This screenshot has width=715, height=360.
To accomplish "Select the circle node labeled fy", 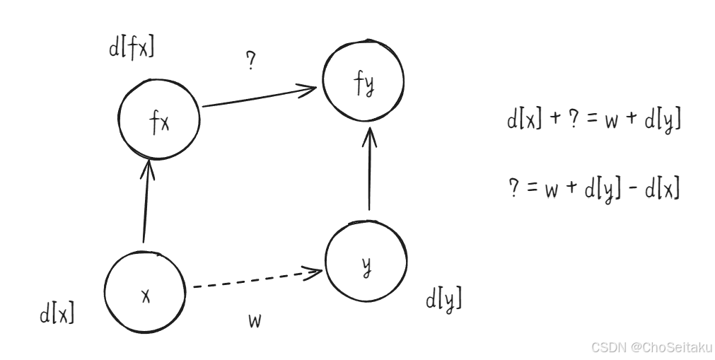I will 364,83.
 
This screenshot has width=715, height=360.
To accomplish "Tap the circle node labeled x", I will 144,294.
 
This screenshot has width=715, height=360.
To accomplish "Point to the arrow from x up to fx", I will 146,202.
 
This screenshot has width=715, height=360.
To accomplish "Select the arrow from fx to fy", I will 258,97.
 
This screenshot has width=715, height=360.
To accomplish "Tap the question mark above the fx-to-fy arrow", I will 250,62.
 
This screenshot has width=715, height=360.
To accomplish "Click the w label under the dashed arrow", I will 255,321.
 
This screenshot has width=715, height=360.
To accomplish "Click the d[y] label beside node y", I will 443,300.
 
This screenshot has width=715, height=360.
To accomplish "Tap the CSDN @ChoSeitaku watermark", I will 651,347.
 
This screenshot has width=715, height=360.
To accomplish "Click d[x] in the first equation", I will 524,120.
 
